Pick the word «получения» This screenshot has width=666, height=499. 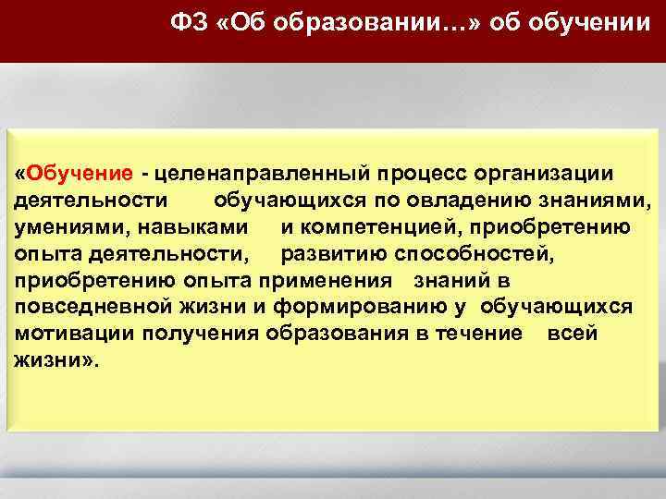[194, 334]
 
